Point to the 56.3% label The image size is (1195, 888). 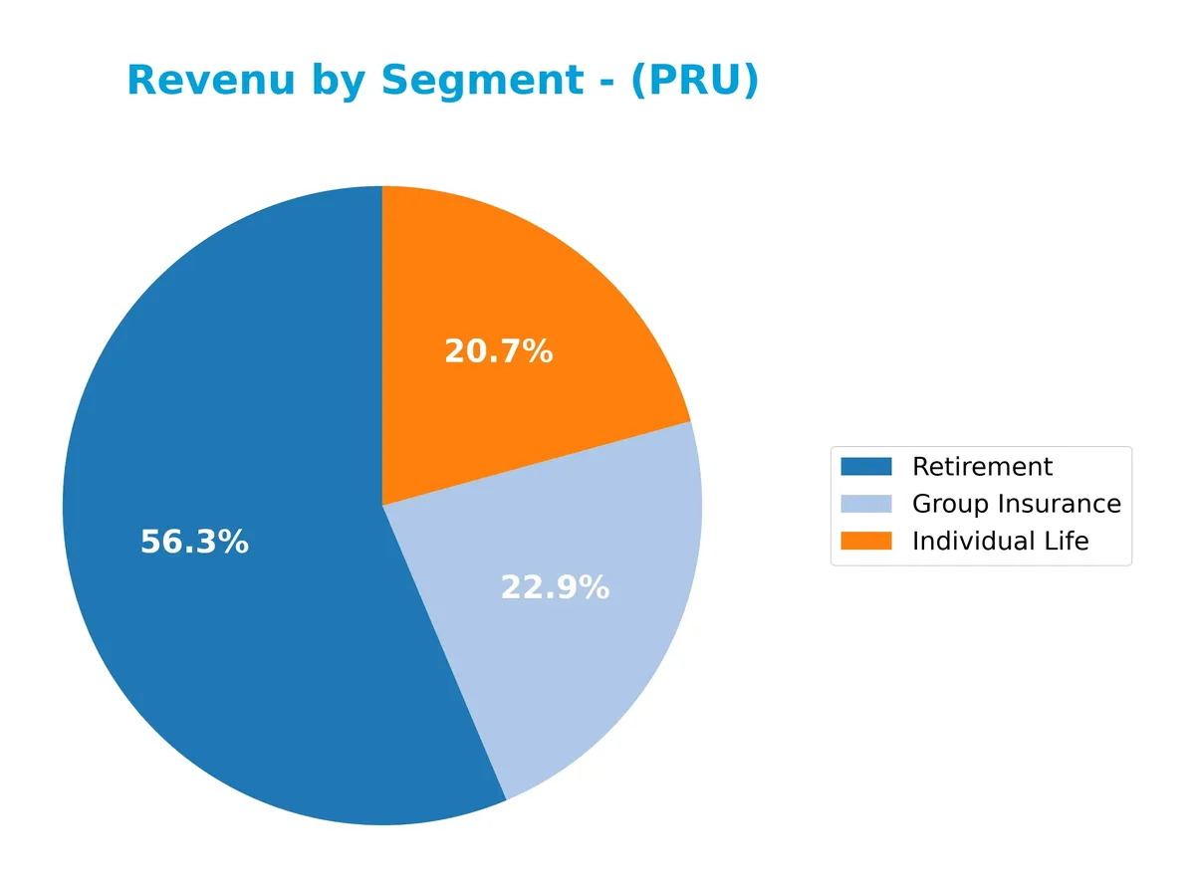pyautogui.click(x=194, y=543)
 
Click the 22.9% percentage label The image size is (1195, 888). pyautogui.click(x=554, y=588)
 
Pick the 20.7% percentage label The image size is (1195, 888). pyautogui.click(x=498, y=351)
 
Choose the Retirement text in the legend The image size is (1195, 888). pyautogui.click(x=982, y=467)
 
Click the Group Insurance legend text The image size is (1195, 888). pyautogui.click(x=1016, y=504)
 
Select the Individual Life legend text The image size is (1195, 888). pyautogui.click(x=1000, y=542)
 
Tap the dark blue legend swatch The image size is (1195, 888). pyautogui.click(x=865, y=467)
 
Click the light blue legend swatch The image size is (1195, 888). pyautogui.click(x=865, y=504)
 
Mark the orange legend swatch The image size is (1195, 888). pyautogui.click(x=865, y=542)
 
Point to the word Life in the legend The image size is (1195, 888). pyautogui.click(x=1068, y=542)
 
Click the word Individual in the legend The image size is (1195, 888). pyautogui.click(x=971, y=542)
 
